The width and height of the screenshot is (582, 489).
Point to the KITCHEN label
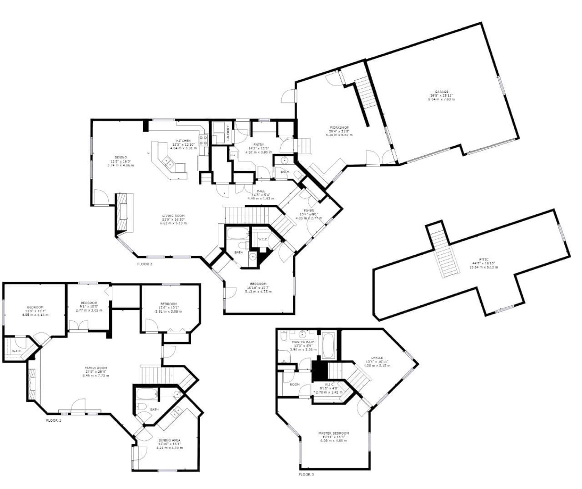coord(184,141)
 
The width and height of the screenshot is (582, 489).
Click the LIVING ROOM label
coord(173,216)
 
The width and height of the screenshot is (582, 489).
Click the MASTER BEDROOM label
coord(333,433)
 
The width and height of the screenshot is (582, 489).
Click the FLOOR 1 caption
coord(54,420)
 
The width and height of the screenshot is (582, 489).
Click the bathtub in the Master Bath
coord(329,345)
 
